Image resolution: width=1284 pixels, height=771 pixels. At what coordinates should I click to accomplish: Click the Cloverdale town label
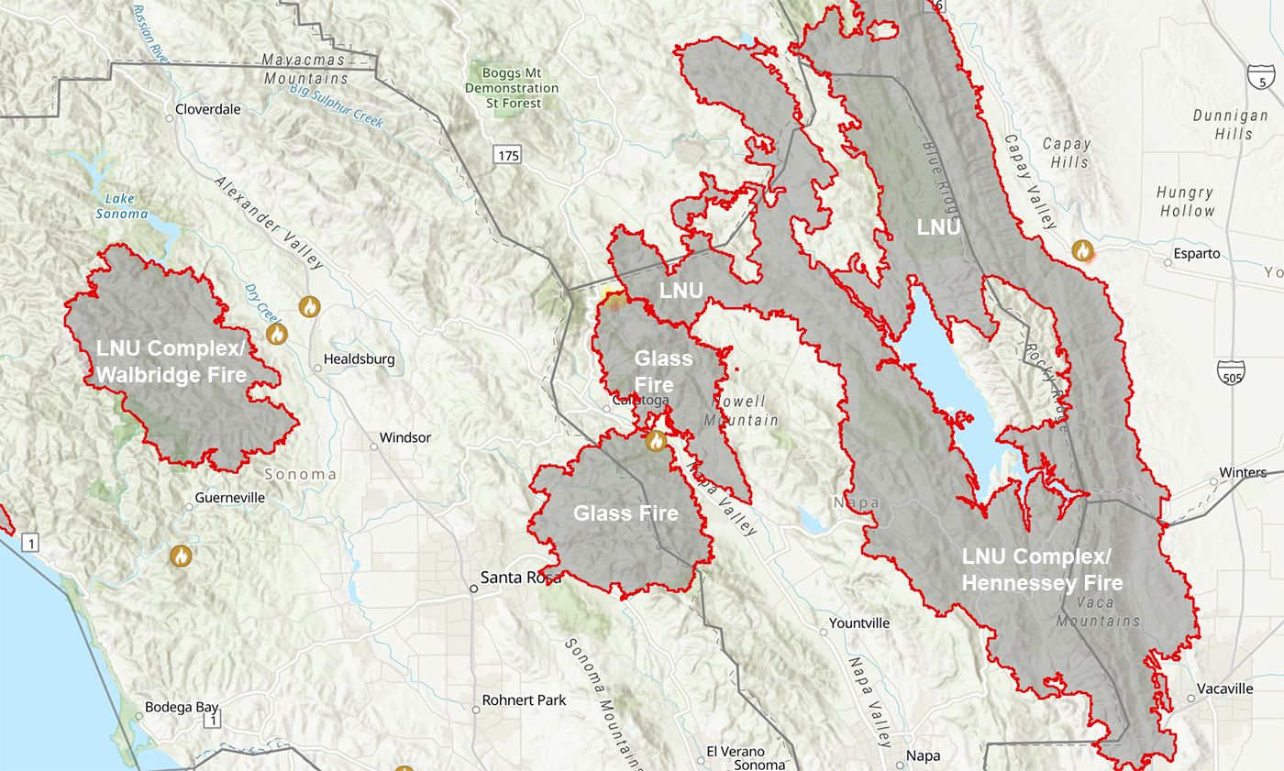(208, 109)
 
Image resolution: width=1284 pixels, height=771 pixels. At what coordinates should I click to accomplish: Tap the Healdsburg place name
(359, 359)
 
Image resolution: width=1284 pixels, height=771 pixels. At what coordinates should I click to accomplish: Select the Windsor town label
(404, 437)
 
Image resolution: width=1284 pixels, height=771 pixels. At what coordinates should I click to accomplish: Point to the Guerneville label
(230, 498)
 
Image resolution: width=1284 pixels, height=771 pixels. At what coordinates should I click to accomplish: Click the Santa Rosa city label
(519, 578)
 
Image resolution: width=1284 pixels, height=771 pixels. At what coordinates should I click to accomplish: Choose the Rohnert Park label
(524, 699)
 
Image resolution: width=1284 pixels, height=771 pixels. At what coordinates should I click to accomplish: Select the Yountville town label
(859, 622)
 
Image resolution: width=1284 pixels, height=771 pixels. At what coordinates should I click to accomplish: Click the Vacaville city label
(1225, 688)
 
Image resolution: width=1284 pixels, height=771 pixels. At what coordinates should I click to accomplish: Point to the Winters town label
(1243, 473)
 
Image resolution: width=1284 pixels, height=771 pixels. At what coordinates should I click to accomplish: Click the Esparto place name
(1197, 254)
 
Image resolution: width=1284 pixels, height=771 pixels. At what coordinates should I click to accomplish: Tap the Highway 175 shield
(506, 155)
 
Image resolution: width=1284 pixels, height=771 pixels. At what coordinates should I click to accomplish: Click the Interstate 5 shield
(1262, 77)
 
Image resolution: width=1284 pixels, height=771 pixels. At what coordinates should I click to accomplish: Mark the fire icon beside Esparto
(1083, 250)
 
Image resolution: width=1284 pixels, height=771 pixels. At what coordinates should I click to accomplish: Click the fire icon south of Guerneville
(182, 555)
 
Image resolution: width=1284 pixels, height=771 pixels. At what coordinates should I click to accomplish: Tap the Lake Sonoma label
(121, 206)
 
